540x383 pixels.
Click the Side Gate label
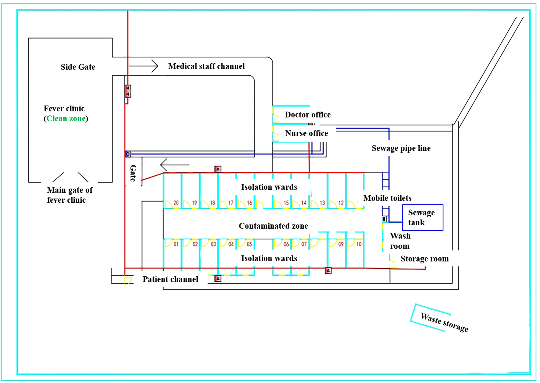point(78,67)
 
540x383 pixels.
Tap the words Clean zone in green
point(66,119)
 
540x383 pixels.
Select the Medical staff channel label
point(206,66)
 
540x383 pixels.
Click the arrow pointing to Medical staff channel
point(144,66)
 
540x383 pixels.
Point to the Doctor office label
point(308,115)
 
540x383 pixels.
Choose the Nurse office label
point(306,133)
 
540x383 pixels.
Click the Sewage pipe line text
point(401,148)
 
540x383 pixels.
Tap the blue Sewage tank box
point(423,218)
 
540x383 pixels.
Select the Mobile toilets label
point(387,198)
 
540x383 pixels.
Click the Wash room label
point(400,241)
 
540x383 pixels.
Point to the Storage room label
point(424,259)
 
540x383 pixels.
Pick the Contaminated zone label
point(273,226)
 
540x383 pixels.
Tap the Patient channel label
point(170,279)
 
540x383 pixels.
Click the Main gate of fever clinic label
point(70,195)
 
